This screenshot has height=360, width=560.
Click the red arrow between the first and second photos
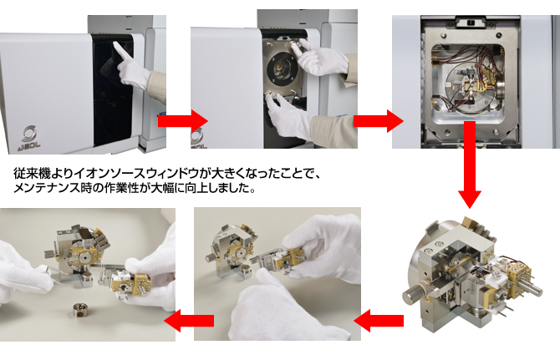182,121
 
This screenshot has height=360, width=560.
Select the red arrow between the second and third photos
379,121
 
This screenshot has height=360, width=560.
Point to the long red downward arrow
470,165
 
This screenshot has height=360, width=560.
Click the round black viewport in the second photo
283,69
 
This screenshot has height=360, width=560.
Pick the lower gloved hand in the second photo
288,115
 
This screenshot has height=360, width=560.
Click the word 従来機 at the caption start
31,174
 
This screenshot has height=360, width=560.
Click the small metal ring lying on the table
79,310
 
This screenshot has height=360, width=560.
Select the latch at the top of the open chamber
471,23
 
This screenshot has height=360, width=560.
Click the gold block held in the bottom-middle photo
289,260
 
